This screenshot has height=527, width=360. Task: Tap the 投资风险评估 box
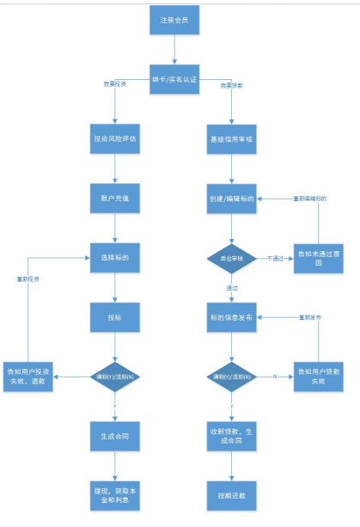(x=114, y=138)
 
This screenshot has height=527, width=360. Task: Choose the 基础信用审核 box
(x=230, y=138)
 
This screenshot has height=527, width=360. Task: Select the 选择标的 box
(x=114, y=255)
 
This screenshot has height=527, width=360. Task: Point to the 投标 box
(x=114, y=316)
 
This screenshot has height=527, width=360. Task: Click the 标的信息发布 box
(x=230, y=316)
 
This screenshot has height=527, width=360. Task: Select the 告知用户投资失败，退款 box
(x=31, y=375)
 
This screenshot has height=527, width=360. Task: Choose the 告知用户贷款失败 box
(x=318, y=375)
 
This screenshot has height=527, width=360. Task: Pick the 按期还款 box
(x=230, y=494)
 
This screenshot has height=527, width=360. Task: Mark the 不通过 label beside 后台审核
(x=274, y=256)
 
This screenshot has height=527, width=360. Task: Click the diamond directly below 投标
(x=114, y=375)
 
